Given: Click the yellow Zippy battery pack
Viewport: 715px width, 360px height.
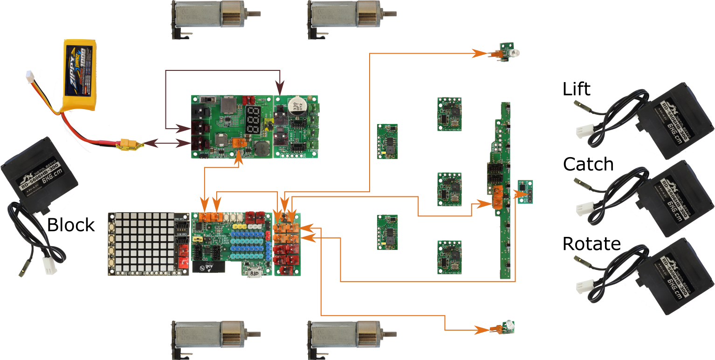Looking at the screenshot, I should tap(79, 75).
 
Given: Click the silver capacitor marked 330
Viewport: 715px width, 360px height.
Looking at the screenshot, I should tap(295, 104).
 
